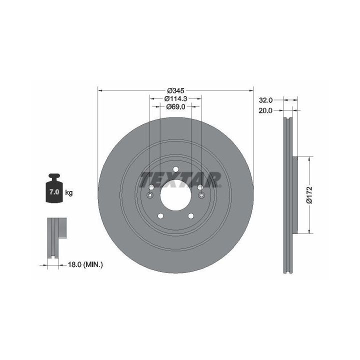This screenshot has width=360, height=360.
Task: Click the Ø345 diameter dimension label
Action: coord(175,90)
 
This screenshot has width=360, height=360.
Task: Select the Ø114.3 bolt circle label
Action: coord(175,98)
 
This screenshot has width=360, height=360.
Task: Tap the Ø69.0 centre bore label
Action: coord(175,107)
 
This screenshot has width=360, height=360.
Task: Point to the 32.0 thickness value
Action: coord(265,100)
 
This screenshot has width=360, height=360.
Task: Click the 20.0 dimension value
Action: coord(265,110)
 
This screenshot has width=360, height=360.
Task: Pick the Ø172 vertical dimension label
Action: coord(309,195)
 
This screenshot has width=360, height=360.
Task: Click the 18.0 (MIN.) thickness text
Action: coord(85,264)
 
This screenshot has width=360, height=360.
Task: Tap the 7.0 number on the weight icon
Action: coord(54,192)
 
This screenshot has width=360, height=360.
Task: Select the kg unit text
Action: coord(69,192)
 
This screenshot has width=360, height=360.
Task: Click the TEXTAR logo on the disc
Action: coord(180,179)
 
